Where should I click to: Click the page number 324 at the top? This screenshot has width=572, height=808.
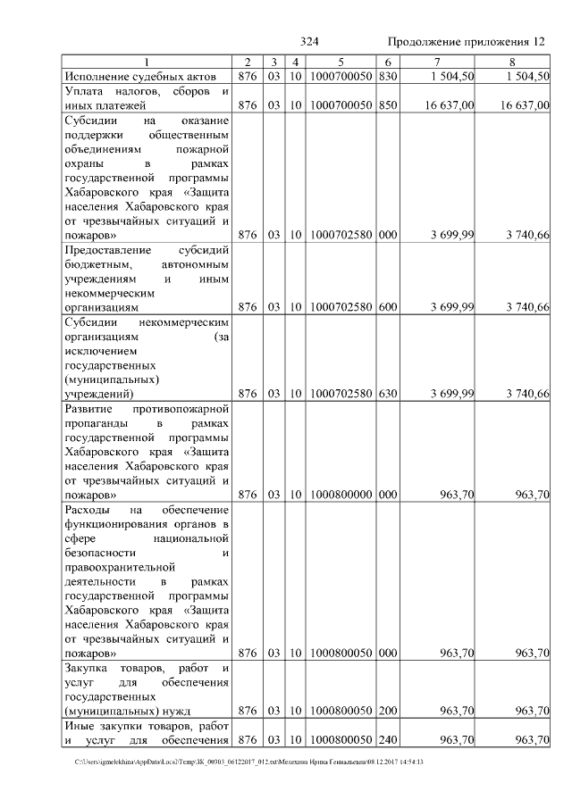(x=310, y=42)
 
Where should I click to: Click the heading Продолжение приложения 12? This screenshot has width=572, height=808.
(x=466, y=42)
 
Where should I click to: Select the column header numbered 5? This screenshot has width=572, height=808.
(x=341, y=62)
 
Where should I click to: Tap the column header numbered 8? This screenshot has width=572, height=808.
(x=512, y=62)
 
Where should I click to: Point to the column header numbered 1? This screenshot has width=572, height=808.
(x=148, y=62)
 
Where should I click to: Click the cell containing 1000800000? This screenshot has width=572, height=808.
(x=341, y=493)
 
